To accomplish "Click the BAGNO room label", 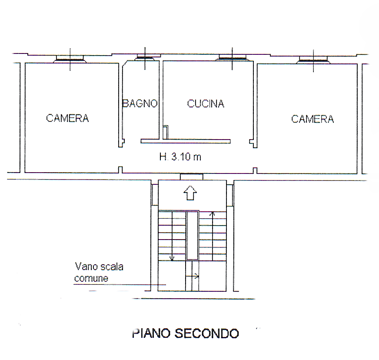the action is click(x=140, y=103).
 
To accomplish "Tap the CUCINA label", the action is click(x=206, y=103).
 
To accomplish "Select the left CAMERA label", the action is click(x=67, y=118).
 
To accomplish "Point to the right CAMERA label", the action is click(x=313, y=119).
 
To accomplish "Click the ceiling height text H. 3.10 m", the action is click(x=180, y=157).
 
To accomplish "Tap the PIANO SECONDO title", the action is click(x=186, y=333).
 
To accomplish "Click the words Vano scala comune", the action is click(x=99, y=273).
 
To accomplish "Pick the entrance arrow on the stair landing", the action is click(x=190, y=193).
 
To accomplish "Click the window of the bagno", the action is click(x=145, y=58).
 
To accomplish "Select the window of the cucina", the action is click(x=232, y=57).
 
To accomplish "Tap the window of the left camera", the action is click(x=70, y=59).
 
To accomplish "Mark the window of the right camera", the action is click(x=313, y=60).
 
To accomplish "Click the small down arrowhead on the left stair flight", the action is click(x=172, y=258).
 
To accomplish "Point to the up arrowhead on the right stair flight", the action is click(x=213, y=214).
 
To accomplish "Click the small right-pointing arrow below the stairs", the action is click(x=193, y=277).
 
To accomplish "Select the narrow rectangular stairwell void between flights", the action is click(x=193, y=236).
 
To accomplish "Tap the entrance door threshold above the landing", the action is click(x=191, y=177).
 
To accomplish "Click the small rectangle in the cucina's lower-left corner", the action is click(x=165, y=132).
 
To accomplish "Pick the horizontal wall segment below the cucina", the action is click(x=186, y=141).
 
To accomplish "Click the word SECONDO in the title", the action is click(x=207, y=333).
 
